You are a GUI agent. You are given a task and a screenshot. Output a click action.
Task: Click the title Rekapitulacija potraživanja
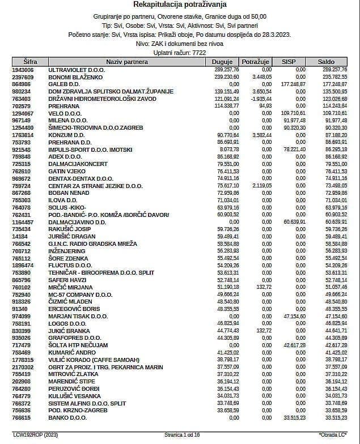(x=180, y=5)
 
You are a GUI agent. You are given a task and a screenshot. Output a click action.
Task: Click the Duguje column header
(x=222, y=62)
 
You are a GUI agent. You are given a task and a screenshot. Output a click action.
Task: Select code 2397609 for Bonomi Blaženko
(x=23, y=76)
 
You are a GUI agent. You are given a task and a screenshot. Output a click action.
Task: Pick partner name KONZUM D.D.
(x=67, y=135)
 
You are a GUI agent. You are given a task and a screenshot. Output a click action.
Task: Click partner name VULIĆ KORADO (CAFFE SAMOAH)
(x=94, y=360)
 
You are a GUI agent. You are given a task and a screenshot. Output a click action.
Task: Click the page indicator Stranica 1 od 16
(x=182, y=434)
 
